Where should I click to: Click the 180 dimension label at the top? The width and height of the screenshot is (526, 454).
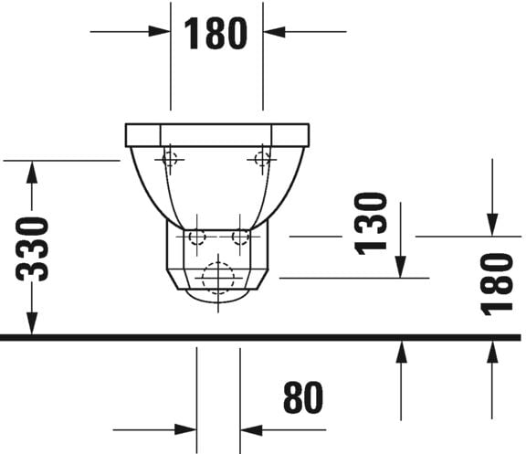(x=216, y=33)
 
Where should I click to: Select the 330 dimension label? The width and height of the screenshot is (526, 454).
(x=34, y=248)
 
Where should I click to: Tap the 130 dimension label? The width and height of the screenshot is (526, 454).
(x=371, y=222)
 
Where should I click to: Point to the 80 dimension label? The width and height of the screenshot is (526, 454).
(x=303, y=399)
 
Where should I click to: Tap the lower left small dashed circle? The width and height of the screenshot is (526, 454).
(x=195, y=238)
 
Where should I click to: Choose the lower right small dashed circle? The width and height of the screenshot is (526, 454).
(x=240, y=238)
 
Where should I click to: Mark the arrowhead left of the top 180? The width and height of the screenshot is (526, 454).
(x=161, y=32)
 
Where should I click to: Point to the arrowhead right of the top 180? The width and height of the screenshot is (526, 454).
(x=273, y=32)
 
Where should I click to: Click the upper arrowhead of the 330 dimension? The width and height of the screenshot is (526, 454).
(x=33, y=171)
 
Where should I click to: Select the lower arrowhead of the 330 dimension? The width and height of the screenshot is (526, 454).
(x=33, y=325)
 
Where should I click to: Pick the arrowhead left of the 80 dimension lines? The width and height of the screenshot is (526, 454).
(x=186, y=429)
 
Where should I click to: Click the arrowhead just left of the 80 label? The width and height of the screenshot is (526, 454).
(x=250, y=429)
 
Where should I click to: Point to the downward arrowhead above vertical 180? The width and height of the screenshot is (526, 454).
(x=493, y=225)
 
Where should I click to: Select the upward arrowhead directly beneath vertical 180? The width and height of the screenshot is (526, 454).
(x=493, y=351)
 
